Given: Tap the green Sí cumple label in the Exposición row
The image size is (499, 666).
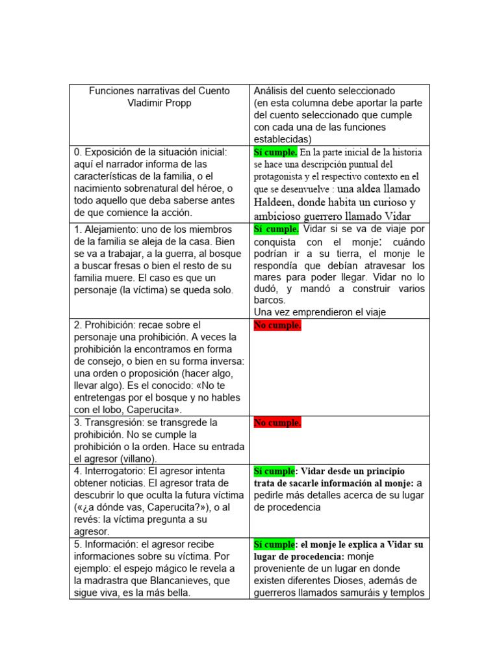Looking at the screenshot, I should click(275, 152).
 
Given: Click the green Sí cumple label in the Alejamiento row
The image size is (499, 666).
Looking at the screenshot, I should click(275, 228).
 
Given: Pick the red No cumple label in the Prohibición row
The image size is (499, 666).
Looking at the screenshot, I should click(277, 325).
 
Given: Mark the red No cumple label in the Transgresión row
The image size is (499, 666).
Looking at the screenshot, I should click(277, 423).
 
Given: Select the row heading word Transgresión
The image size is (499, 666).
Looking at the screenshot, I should click(116, 423).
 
